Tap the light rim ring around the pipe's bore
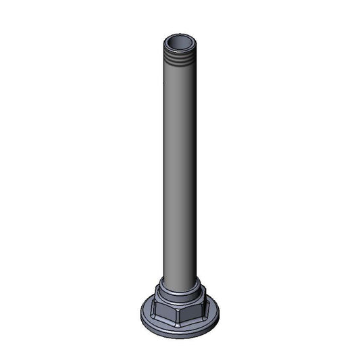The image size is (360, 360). pyautogui.click(x=180, y=37)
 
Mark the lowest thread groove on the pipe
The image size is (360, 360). pyautogui.click(x=180, y=68)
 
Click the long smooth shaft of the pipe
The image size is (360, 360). pyautogui.click(x=180, y=169)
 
